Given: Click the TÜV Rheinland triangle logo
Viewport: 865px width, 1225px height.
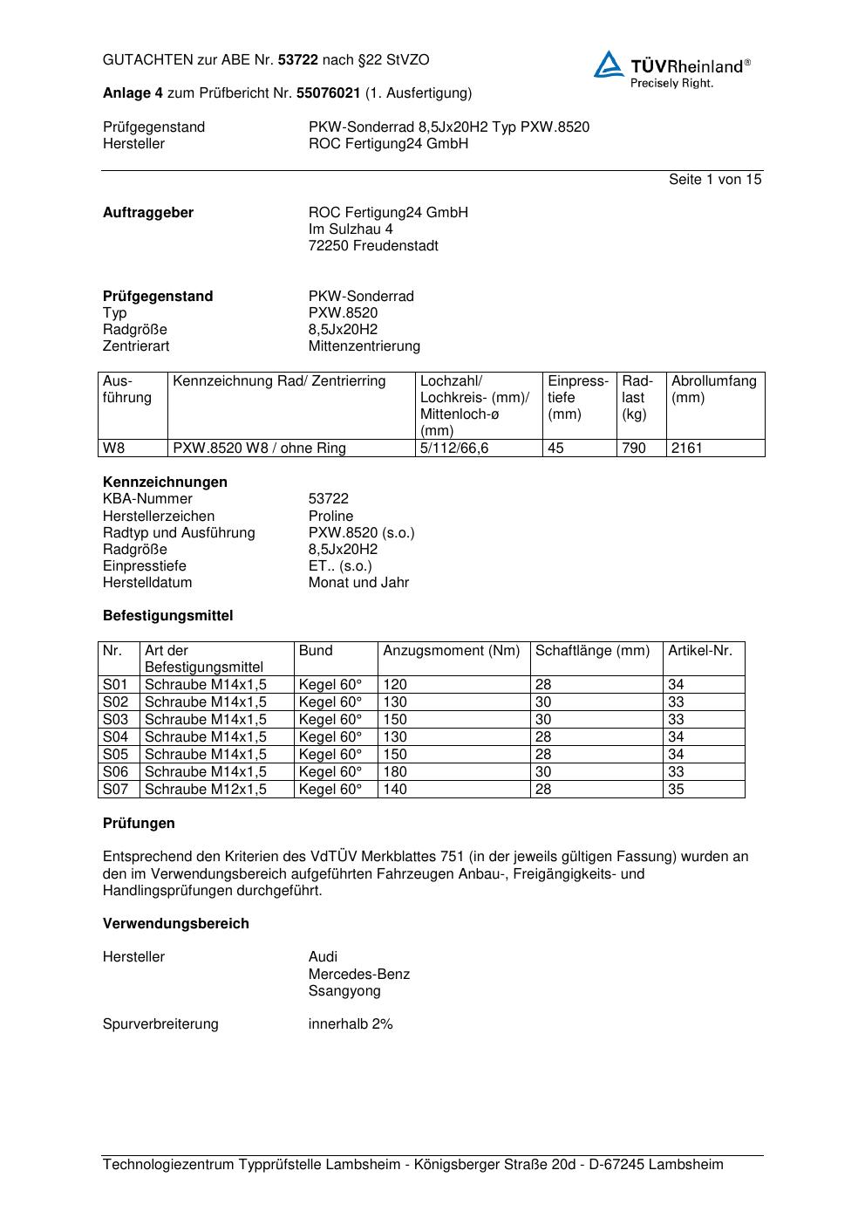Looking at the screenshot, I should point(609,65).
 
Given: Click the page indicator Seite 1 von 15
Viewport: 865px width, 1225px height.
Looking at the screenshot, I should point(714,180).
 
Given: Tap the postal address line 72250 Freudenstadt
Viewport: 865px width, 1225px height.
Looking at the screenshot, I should point(373,246).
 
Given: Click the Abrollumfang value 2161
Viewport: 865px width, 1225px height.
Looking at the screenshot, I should point(686,448).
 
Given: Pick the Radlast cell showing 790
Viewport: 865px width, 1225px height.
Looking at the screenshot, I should point(634,448).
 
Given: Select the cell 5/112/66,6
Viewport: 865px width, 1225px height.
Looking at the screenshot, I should point(454,448).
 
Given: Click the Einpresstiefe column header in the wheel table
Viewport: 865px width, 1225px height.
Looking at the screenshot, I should point(577,397).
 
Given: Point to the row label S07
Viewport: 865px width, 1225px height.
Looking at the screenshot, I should point(115,790).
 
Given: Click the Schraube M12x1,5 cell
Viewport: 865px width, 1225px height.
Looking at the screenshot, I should point(206,790).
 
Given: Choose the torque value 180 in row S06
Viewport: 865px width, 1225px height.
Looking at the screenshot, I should point(395,772).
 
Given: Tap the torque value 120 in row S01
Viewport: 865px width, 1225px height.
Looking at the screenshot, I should point(395,685).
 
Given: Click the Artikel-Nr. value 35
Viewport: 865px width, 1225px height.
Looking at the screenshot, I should point(676,790).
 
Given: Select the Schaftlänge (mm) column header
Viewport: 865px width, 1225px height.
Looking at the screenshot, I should point(592,651).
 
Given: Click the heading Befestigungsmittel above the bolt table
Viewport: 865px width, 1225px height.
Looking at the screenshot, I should point(168,616).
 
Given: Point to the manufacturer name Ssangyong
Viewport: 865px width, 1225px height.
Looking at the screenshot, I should point(344,991).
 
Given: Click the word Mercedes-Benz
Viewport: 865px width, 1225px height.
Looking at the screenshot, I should point(358,975).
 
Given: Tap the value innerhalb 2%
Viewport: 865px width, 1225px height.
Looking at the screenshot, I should point(351,1024).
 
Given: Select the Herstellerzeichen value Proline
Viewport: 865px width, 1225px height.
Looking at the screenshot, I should point(330,517).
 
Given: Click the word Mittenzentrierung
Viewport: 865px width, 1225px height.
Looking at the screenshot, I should point(364,346).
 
